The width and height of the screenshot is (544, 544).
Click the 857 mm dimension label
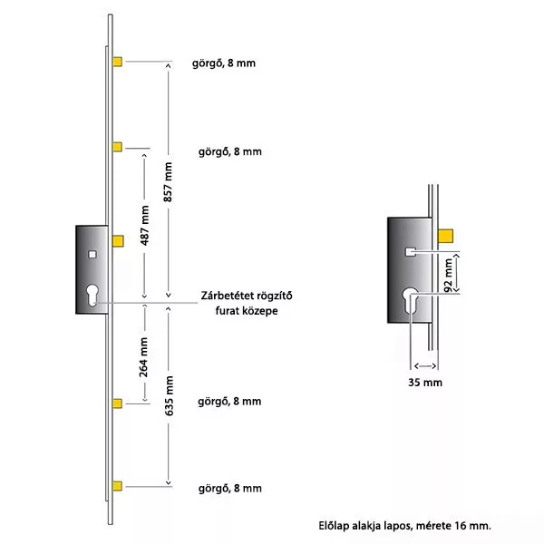tap(169, 182)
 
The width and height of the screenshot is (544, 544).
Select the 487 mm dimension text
tap(145, 226)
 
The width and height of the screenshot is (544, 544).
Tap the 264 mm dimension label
tap(143, 357)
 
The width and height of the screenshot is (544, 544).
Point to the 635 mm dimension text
tap(169, 396)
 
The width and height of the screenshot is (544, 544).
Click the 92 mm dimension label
tap(448, 276)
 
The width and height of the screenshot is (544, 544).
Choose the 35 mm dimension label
tap(425, 383)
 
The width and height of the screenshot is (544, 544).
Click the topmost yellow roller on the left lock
tap(117, 62)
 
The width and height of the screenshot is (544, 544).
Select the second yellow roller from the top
tap(117, 147)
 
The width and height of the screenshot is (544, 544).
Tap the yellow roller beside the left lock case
tap(118, 241)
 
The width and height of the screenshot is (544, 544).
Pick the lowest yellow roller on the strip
tap(117, 486)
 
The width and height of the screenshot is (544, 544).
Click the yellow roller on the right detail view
tap(445, 236)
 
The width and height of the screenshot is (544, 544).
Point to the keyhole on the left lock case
tap(92, 296)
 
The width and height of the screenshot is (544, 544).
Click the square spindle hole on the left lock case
tap(92, 255)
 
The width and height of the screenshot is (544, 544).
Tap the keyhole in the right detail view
tap(410, 301)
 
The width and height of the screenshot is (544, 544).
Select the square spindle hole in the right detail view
tap(411, 252)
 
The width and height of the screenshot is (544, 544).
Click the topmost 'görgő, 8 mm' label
tap(224, 63)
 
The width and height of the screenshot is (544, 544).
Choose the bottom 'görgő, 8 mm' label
tap(230, 489)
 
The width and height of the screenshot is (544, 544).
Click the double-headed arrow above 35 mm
tap(425, 365)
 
